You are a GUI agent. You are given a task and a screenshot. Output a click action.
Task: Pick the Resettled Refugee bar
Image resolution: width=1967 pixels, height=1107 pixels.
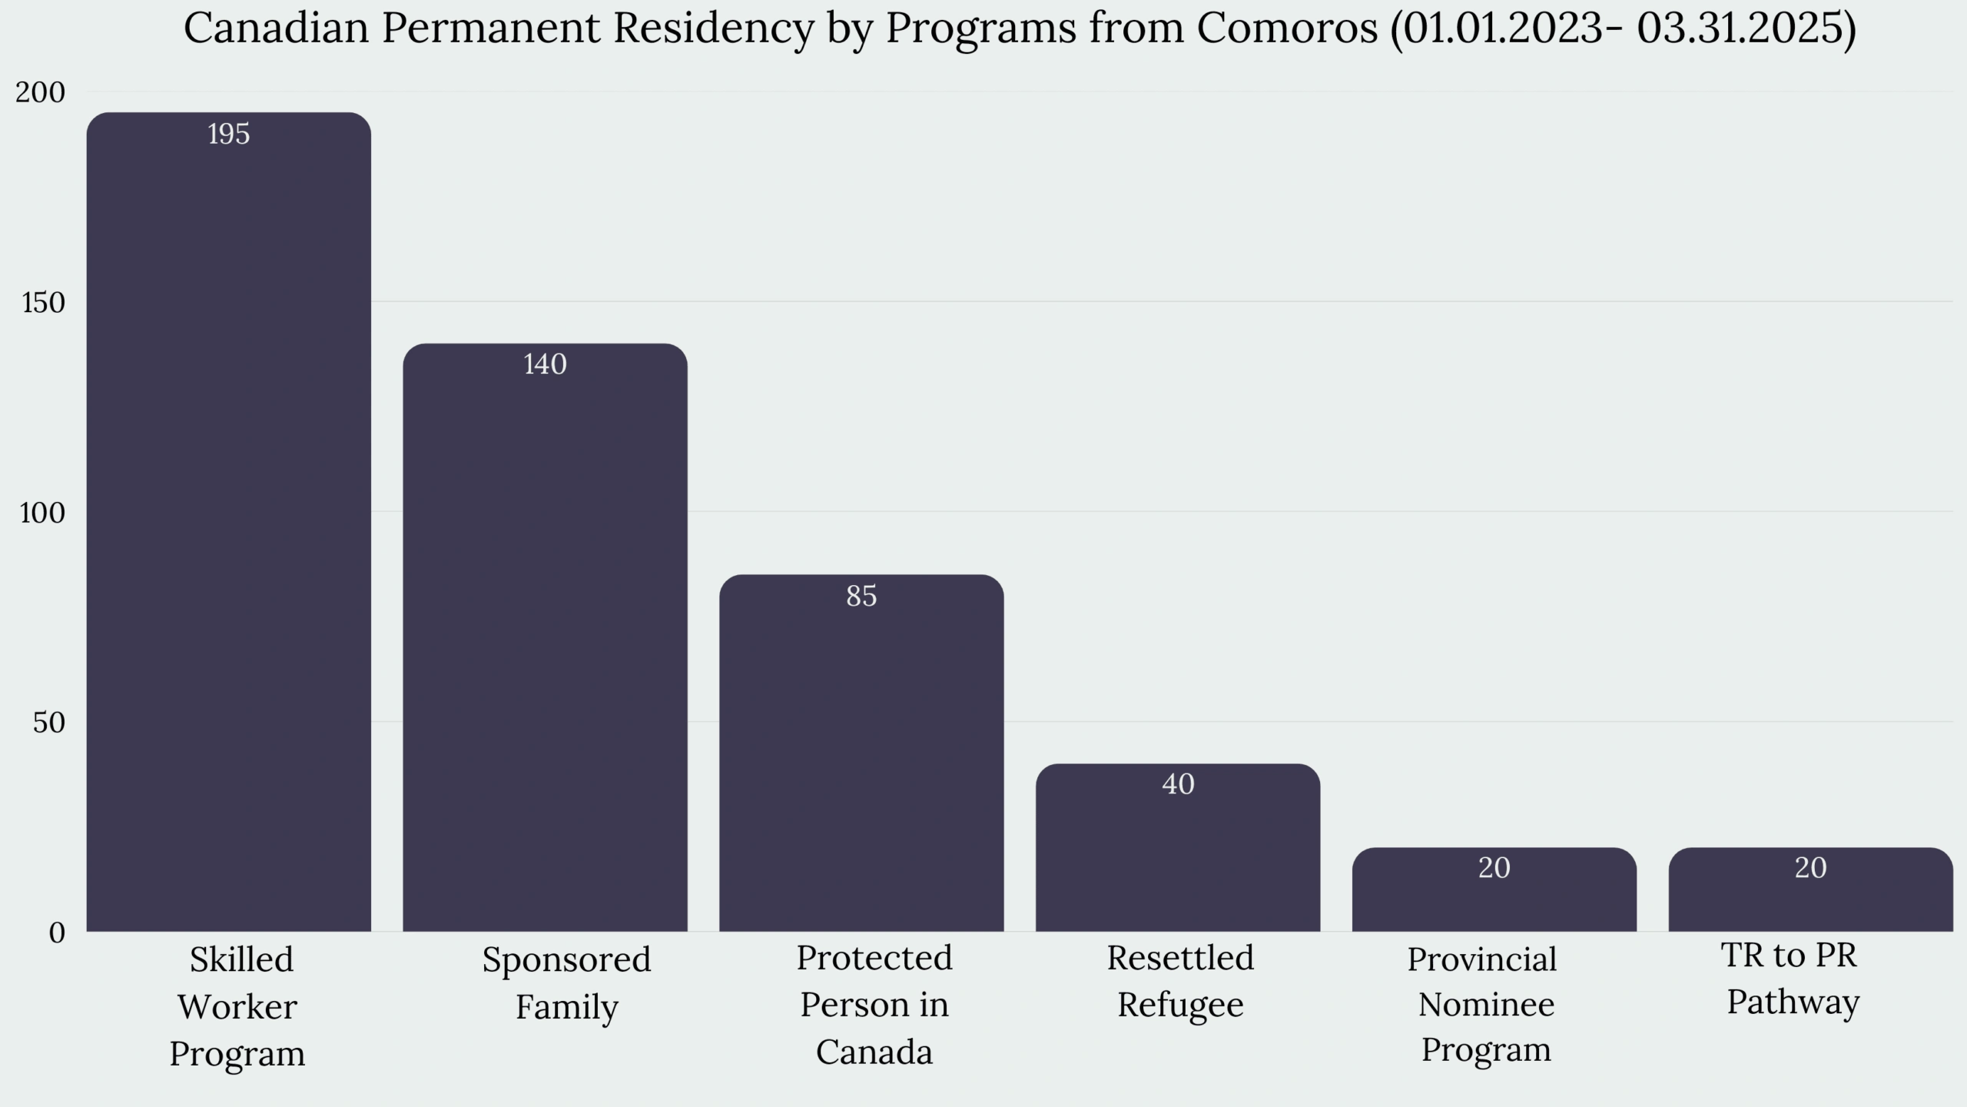click(1178, 861)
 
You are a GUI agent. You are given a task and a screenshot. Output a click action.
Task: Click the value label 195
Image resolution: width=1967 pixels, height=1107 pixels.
click(228, 135)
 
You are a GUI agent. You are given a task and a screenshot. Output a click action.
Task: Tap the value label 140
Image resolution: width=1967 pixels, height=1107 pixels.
click(545, 364)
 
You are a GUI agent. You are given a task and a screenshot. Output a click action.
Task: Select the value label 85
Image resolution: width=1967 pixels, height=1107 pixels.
click(861, 596)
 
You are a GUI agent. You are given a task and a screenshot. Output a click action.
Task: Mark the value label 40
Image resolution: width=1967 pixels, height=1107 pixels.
click(1178, 784)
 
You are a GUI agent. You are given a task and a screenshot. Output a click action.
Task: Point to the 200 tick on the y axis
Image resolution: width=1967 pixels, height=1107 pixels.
click(41, 92)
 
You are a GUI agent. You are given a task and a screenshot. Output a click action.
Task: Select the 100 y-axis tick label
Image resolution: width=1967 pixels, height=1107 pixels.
click(42, 513)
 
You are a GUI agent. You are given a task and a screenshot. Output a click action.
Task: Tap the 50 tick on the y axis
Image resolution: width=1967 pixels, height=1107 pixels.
click(49, 723)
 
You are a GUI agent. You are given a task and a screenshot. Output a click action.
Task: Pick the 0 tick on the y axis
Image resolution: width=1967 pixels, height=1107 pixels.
click(57, 933)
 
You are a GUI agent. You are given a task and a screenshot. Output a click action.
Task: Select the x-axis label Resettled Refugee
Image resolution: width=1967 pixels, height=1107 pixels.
click(1180, 981)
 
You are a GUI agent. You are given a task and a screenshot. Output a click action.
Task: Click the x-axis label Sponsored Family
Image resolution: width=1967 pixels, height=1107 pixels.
click(566, 983)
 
